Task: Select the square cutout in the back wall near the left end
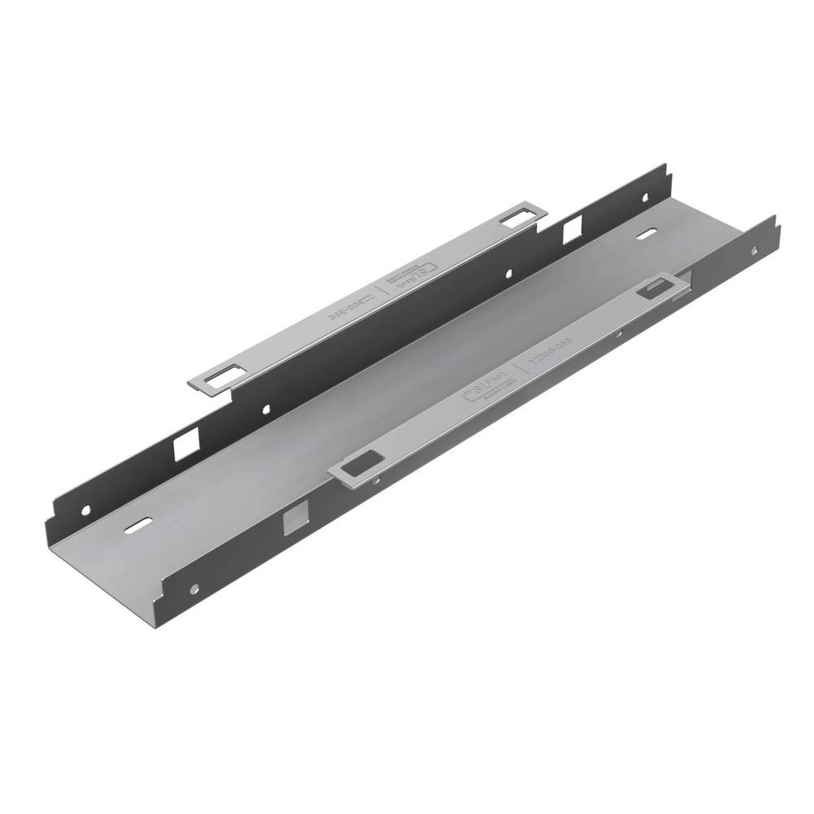click(x=186, y=444)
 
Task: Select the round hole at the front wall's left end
click(x=194, y=588)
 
